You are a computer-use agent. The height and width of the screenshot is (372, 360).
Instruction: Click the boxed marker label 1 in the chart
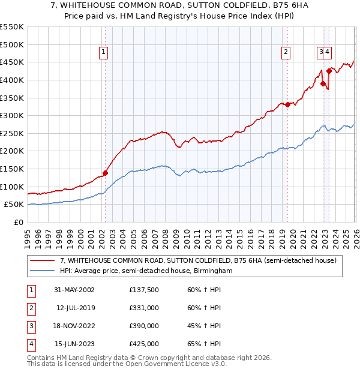104,52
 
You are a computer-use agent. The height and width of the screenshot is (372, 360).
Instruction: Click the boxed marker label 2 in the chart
286,52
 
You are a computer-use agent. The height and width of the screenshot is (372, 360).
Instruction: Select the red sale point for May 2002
105,173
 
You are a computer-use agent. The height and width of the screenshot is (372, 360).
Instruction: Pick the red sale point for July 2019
287,104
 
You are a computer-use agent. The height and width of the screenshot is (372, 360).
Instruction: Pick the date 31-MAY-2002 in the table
73,290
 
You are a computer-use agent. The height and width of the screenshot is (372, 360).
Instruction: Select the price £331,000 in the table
144,308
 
